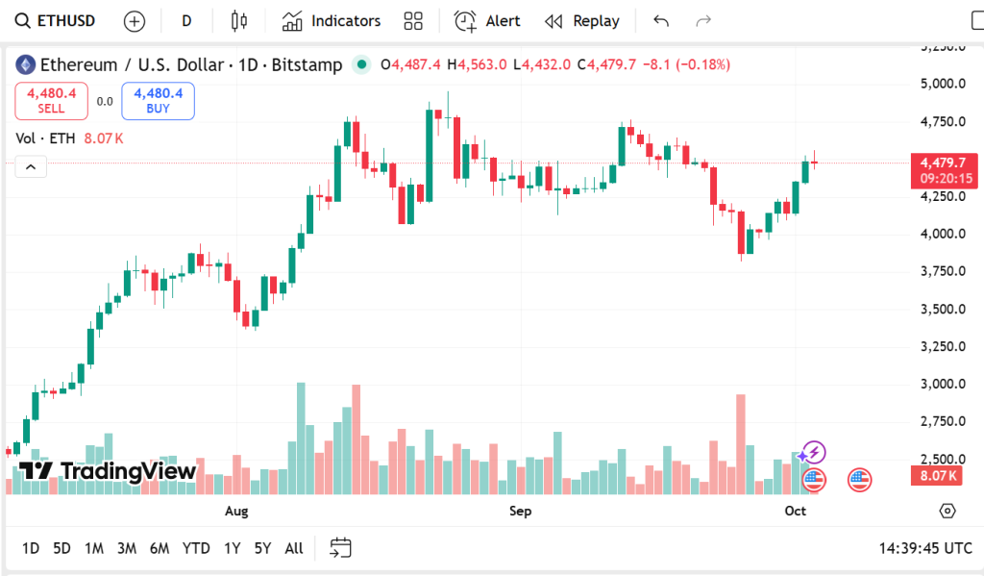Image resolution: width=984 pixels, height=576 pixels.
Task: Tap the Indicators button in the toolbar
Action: tap(332, 20)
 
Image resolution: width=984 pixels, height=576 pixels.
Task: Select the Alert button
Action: tap(487, 20)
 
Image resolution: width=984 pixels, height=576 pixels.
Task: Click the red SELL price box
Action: tap(51, 100)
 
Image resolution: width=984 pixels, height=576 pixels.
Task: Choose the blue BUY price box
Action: tap(158, 100)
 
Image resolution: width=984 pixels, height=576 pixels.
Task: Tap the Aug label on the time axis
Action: tap(236, 511)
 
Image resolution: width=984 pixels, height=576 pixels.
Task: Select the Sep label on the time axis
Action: tap(520, 511)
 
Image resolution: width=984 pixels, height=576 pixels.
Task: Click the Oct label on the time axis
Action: tap(795, 511)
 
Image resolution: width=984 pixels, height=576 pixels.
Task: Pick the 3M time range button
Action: tap(126, 548)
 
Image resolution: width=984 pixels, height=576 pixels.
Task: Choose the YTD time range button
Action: tap(196, 548)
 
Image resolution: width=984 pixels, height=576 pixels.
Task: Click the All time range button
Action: tap(294, 548)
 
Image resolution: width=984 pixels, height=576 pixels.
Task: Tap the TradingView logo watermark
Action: tap(108, 470)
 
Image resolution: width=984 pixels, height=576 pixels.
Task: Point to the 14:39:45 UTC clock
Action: tap(925, 548)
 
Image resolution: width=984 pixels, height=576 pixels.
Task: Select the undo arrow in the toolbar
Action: tap(661, 20)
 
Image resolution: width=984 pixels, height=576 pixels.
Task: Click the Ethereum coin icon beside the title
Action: tap(26, 64)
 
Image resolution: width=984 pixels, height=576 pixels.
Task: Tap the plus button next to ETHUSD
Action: tap(135, 20)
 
